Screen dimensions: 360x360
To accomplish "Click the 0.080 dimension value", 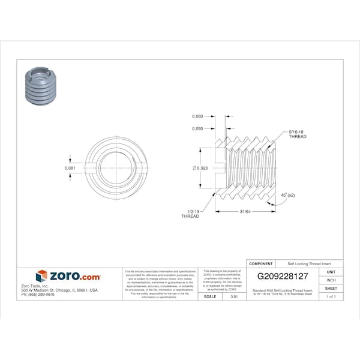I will (197, 116).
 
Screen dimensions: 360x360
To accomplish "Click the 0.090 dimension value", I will (197, 128).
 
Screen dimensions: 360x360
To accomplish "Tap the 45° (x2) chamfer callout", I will (288, 196).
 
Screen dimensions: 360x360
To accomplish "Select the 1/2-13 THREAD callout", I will (190, 214).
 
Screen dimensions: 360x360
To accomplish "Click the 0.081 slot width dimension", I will (70, 168).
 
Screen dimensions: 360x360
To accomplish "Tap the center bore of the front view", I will (113, 167).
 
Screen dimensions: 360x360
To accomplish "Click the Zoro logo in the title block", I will (68, 276).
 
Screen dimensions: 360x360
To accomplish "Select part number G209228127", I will (283, 277).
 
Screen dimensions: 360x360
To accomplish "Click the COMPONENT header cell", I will (261, 263).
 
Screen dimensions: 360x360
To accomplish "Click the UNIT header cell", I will (331, 272).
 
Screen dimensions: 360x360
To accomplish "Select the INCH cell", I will (331, 280).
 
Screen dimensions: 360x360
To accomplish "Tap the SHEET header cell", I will (331, 289).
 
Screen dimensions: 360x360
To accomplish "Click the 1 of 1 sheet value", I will (331, 296).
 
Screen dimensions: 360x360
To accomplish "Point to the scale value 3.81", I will (226, 296).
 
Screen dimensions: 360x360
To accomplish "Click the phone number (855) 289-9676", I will (38, 295).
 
